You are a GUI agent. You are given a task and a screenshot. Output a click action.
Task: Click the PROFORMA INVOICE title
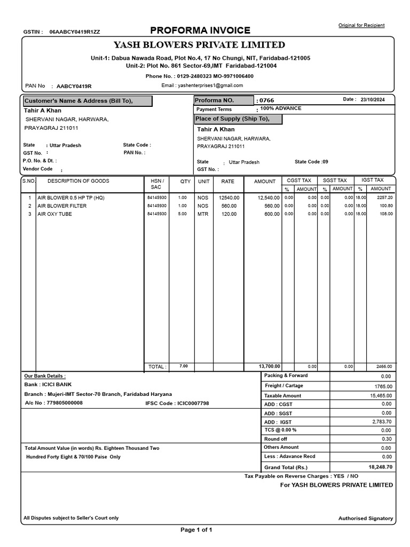(x=200, y=30)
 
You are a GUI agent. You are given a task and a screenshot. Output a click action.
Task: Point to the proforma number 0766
(x=266, y=100)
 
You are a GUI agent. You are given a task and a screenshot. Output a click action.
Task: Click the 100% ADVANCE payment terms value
(x=281, y=108)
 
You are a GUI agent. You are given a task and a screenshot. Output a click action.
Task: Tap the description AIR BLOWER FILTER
(x=62, y=206)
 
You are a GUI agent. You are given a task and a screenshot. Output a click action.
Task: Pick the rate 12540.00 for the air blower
(x=229, y=198)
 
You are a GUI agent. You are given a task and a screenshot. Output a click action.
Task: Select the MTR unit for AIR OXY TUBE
(x=203, y=214)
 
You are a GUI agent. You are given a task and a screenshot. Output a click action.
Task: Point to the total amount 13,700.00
(x=269, y=366)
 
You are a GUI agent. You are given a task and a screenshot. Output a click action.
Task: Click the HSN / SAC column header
(x=157, y=184)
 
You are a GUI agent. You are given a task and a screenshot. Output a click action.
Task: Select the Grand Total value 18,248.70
(x=380, y=466)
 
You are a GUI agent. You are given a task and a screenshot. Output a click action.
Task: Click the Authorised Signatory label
(x=365, y=518)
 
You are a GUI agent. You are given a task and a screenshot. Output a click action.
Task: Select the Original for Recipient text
(x=361, y=25)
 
